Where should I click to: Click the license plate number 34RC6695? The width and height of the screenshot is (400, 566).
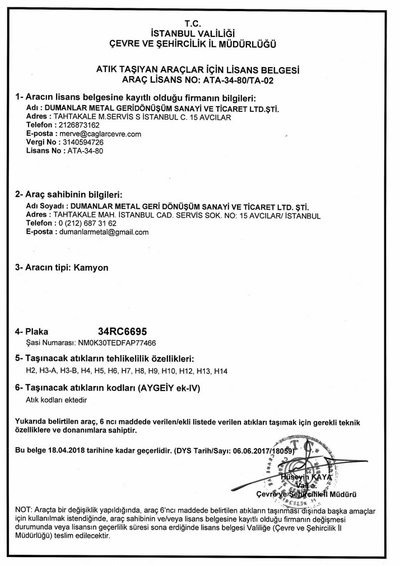[x=123, y=332]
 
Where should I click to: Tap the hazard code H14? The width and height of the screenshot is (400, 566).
[x=222, y=371]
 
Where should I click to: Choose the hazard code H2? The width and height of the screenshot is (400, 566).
[x=31, y=371]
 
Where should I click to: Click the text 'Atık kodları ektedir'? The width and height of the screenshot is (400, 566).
[x=57, y=400]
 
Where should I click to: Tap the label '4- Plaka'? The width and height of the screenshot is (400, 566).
[x=32, y=332]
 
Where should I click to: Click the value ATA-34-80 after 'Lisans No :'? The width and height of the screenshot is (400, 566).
[x=85, y=151]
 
